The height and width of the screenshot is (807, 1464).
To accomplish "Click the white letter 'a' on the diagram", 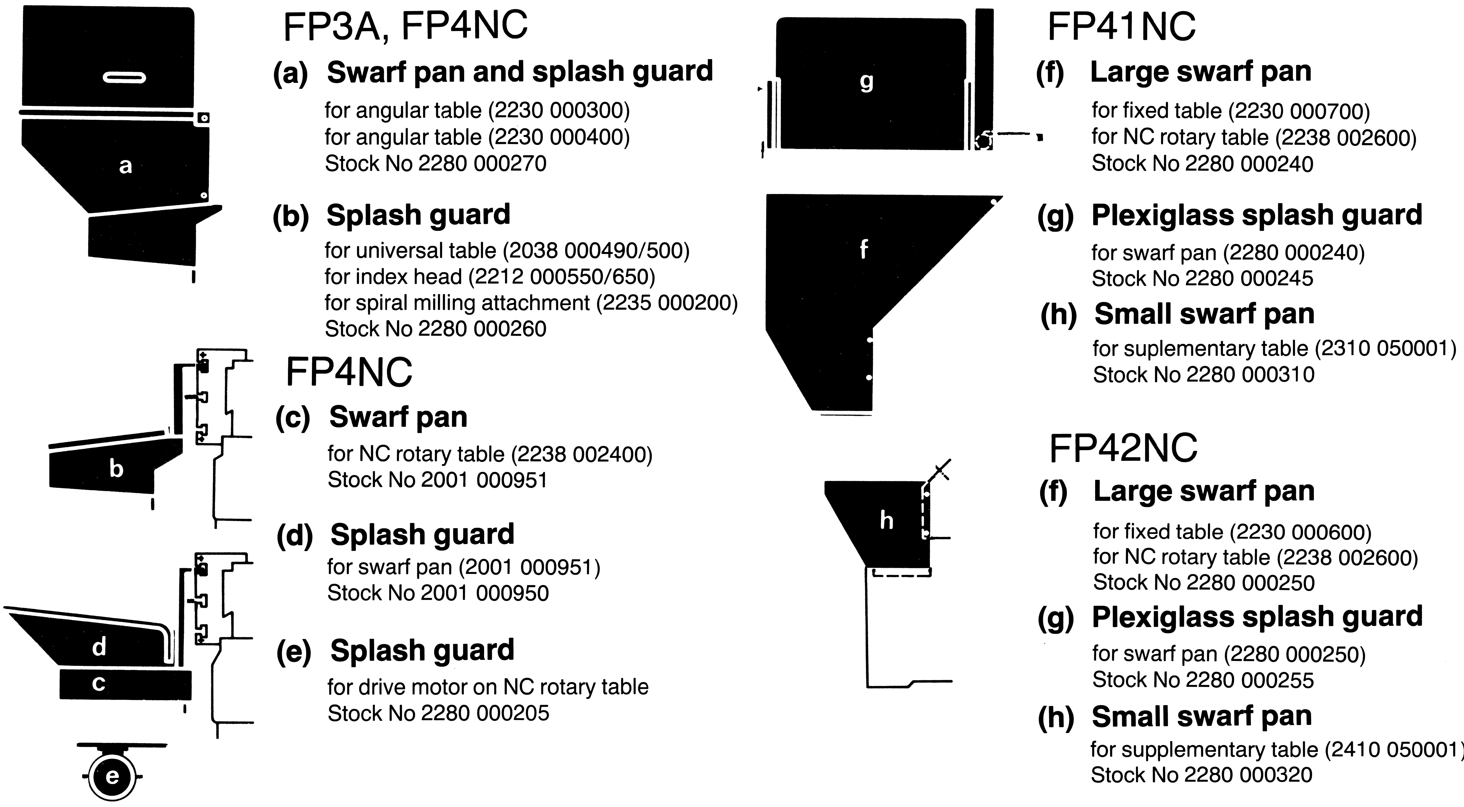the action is [x=126, y=166].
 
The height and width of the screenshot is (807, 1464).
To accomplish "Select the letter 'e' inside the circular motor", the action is [x=112, y=776].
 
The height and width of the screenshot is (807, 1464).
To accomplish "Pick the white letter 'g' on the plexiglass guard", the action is [x=866, y=82].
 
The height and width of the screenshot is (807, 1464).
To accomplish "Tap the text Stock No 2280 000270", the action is [x=435, y=164].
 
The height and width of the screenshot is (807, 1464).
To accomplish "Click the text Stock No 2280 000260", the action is [x=435, y=328].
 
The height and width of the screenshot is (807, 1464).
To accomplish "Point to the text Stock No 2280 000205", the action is [x=438, y=713].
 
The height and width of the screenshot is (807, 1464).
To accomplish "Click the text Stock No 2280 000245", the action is [x=1203, y=278].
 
